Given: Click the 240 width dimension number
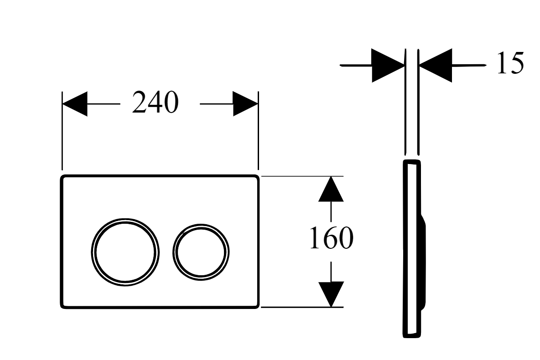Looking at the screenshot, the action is click(x=156, y=103).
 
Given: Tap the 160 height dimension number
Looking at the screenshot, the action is click(x=331, y=238).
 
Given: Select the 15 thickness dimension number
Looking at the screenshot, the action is click(x=510, y=63).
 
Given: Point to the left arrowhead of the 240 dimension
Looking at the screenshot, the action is click(x=75, y=103).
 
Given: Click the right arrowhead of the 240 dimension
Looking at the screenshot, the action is click(x=245, y=103).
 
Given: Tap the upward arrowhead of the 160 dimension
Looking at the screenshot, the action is click(x=331, y=189).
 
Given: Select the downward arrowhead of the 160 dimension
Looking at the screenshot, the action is click(x=331, y=294).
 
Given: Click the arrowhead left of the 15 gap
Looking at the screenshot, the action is click(x=388, y=65).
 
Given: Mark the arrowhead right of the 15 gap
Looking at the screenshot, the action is click(x=435, y=65).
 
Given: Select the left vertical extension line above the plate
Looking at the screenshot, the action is click(x=62, y=131).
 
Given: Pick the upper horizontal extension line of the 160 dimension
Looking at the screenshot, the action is click(x=302, y=176).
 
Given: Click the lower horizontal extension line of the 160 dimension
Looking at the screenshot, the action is click(x=302, y=307).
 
